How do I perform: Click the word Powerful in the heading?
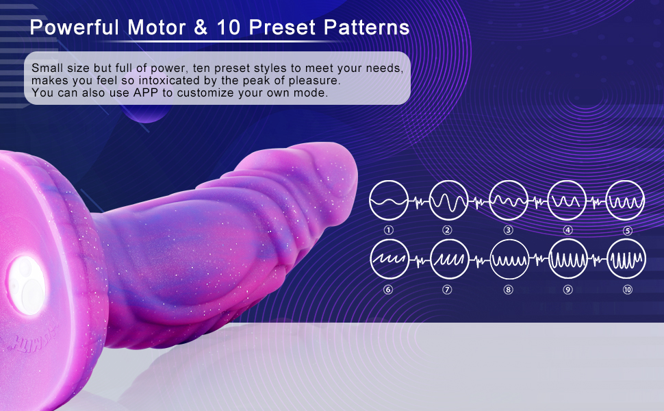(75, 27)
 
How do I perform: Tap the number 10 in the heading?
(229, 27)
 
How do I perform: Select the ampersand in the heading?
(201, 27)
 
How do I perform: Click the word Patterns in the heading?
(367, 27)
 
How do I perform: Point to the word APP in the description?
(146, 92)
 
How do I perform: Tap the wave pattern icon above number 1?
(388, 201)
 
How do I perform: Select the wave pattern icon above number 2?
(448, 201)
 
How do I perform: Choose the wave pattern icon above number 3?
(509, 201)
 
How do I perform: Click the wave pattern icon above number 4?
(567, 201)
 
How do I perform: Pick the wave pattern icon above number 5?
(626, 201)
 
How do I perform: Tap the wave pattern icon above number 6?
(390, 259)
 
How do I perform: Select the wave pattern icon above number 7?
(450, 259)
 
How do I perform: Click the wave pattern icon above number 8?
(509, 259)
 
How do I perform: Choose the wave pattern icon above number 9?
(568, 259)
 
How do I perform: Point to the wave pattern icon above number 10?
(627, 259)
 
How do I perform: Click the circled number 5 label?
(628, 231)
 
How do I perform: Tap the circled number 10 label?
(628, 290)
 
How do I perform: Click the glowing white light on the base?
(26, 286)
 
